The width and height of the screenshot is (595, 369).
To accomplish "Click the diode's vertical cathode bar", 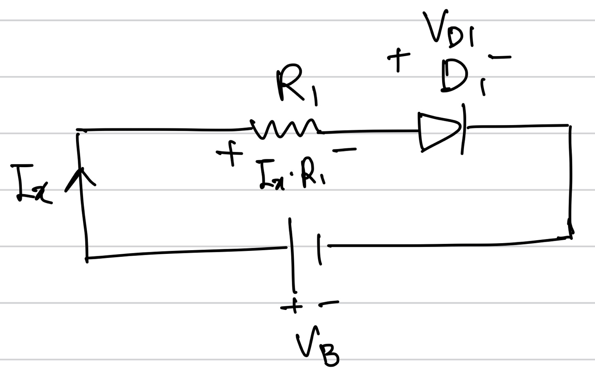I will [464, 129].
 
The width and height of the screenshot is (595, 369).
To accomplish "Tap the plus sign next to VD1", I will [398, 58].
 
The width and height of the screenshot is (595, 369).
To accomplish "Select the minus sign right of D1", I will [499, 57].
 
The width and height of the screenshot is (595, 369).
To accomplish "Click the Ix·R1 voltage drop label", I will [291, 176].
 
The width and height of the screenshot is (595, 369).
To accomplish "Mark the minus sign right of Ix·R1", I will [344, 150].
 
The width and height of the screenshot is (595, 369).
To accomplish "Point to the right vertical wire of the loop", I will [571, 177].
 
